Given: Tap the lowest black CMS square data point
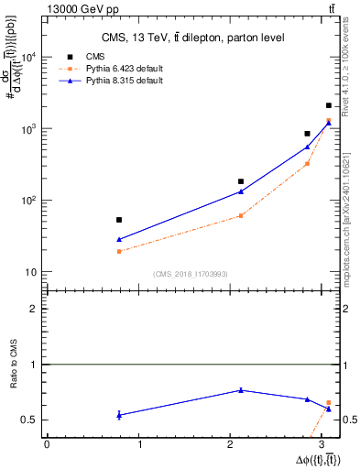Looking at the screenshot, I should point(119,220).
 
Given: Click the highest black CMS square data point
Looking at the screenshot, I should point(329,105).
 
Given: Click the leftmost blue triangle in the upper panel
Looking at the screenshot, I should point(119,239).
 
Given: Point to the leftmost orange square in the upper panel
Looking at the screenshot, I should point(119,251).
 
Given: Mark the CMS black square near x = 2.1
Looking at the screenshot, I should point(241,181).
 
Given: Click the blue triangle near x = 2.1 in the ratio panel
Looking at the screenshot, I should point(241,390).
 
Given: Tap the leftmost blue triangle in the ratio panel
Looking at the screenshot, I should point(119,415).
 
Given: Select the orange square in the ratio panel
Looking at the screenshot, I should point(329,403).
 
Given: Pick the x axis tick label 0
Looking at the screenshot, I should point(47,444).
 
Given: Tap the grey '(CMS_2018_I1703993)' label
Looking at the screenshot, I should point(190,274).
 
